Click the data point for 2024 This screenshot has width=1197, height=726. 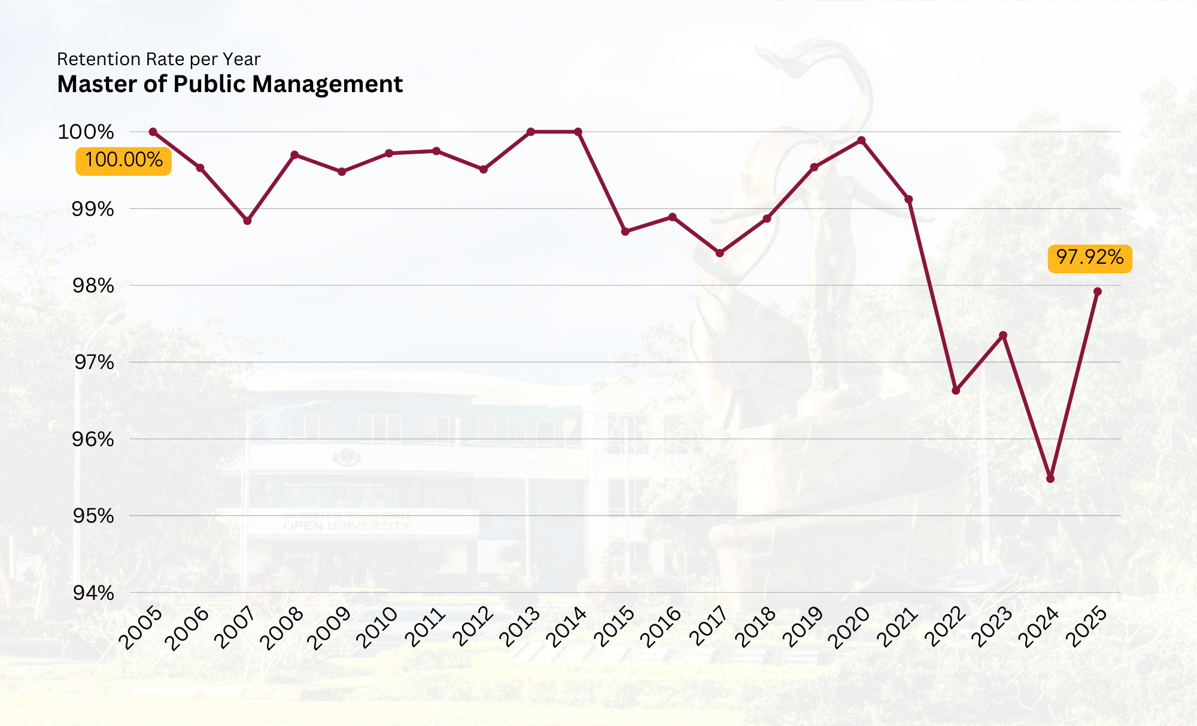1050,478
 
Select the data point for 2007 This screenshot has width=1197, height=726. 247,221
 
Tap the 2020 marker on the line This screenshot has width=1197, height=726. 861,141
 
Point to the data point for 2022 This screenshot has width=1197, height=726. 956,391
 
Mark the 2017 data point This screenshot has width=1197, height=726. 720,253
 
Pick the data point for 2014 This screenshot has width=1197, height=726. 578,132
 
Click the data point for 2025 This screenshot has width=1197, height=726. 1098,292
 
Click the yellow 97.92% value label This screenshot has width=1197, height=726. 1090,258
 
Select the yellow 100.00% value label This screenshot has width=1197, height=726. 123,160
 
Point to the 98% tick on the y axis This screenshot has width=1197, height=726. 93,286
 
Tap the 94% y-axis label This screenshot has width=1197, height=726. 93,593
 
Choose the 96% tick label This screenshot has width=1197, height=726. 93,440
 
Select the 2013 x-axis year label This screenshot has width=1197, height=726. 519,627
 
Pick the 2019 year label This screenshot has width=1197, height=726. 803,627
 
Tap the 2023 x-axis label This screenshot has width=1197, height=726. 992,627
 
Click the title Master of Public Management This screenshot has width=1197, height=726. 230,84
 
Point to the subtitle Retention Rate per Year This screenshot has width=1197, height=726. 159,59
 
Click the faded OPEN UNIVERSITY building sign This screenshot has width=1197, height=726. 347,526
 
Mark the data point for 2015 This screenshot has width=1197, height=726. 625,231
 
